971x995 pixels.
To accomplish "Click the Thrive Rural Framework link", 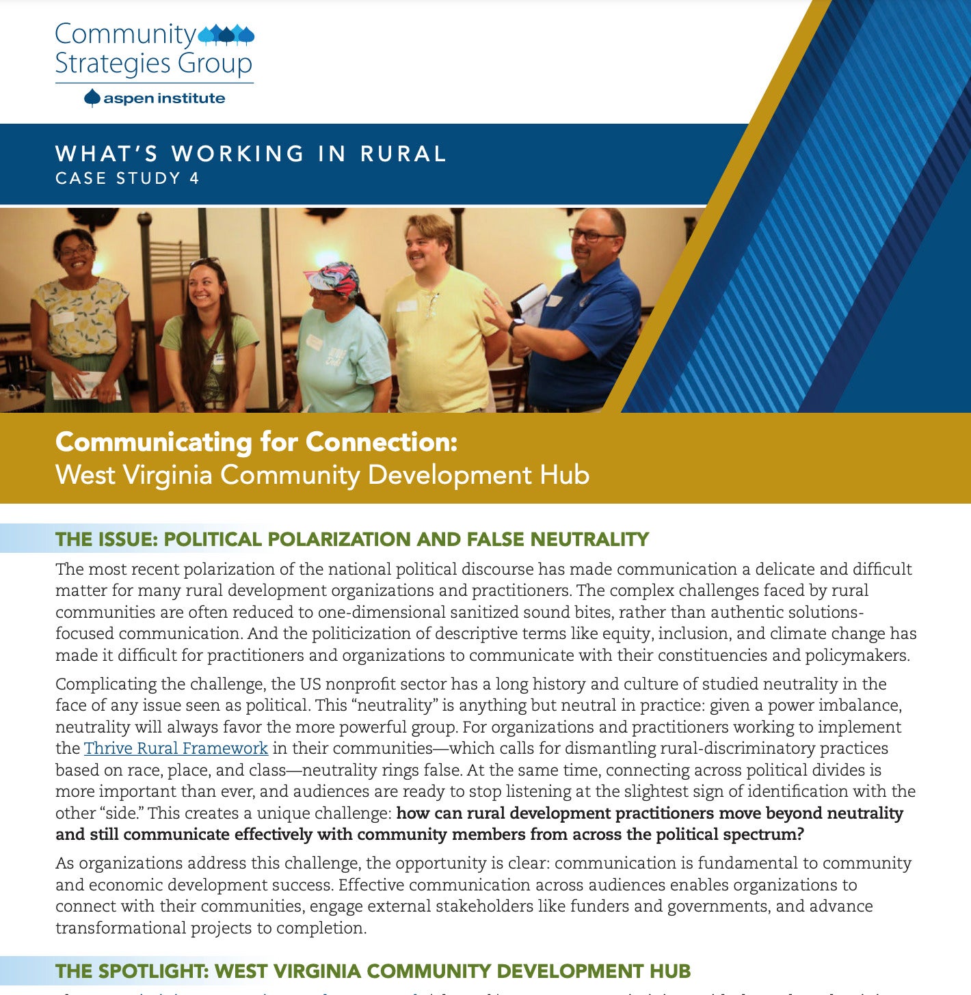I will click(176, 748).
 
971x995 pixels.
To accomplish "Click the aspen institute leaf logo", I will click(92, 98).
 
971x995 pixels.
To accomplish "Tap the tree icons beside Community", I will click(226, 33).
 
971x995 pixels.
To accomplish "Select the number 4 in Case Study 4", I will click(194, 178).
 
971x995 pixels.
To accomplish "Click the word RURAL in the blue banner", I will click(403, 154).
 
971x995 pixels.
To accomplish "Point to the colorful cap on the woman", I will click(333, 277).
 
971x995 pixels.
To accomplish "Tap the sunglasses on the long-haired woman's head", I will click(204, 262).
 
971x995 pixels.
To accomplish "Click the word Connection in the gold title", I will click(381, 442).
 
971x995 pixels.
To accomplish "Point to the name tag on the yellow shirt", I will click(407, 305).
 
